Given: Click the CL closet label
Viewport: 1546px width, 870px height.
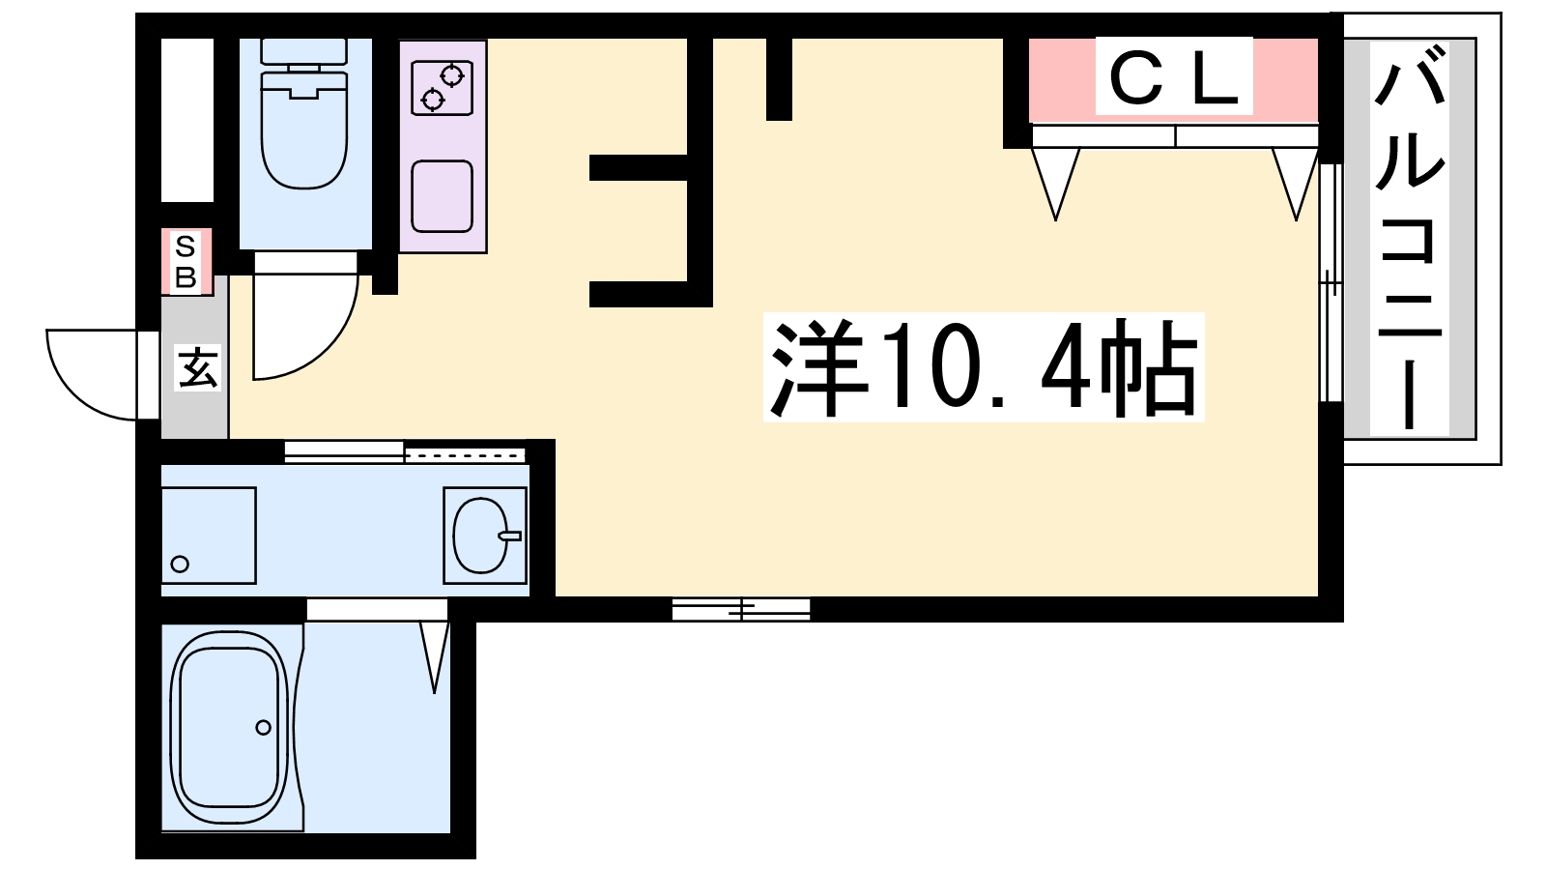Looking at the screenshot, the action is [x=1174, y=76].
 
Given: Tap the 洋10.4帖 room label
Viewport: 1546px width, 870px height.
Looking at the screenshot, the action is [x=984, y=366].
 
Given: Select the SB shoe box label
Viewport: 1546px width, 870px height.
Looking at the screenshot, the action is [x=186, y=262].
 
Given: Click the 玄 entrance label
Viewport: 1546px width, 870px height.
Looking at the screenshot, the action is [x=197, y=367].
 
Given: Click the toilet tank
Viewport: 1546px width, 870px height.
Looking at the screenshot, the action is [x=303, y=52].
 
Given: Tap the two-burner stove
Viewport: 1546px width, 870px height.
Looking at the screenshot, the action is [x=443, y=87].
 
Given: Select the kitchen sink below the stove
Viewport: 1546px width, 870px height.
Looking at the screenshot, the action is [x=443, y=196].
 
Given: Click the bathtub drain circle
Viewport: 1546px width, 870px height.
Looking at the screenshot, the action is [x=263, y=727].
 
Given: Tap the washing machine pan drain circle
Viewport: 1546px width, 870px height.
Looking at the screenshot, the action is [x=180, y=565].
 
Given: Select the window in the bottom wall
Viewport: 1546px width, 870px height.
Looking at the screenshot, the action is [x=741, y=610].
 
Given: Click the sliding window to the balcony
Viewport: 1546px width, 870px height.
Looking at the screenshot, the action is [x=1331, y=282].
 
